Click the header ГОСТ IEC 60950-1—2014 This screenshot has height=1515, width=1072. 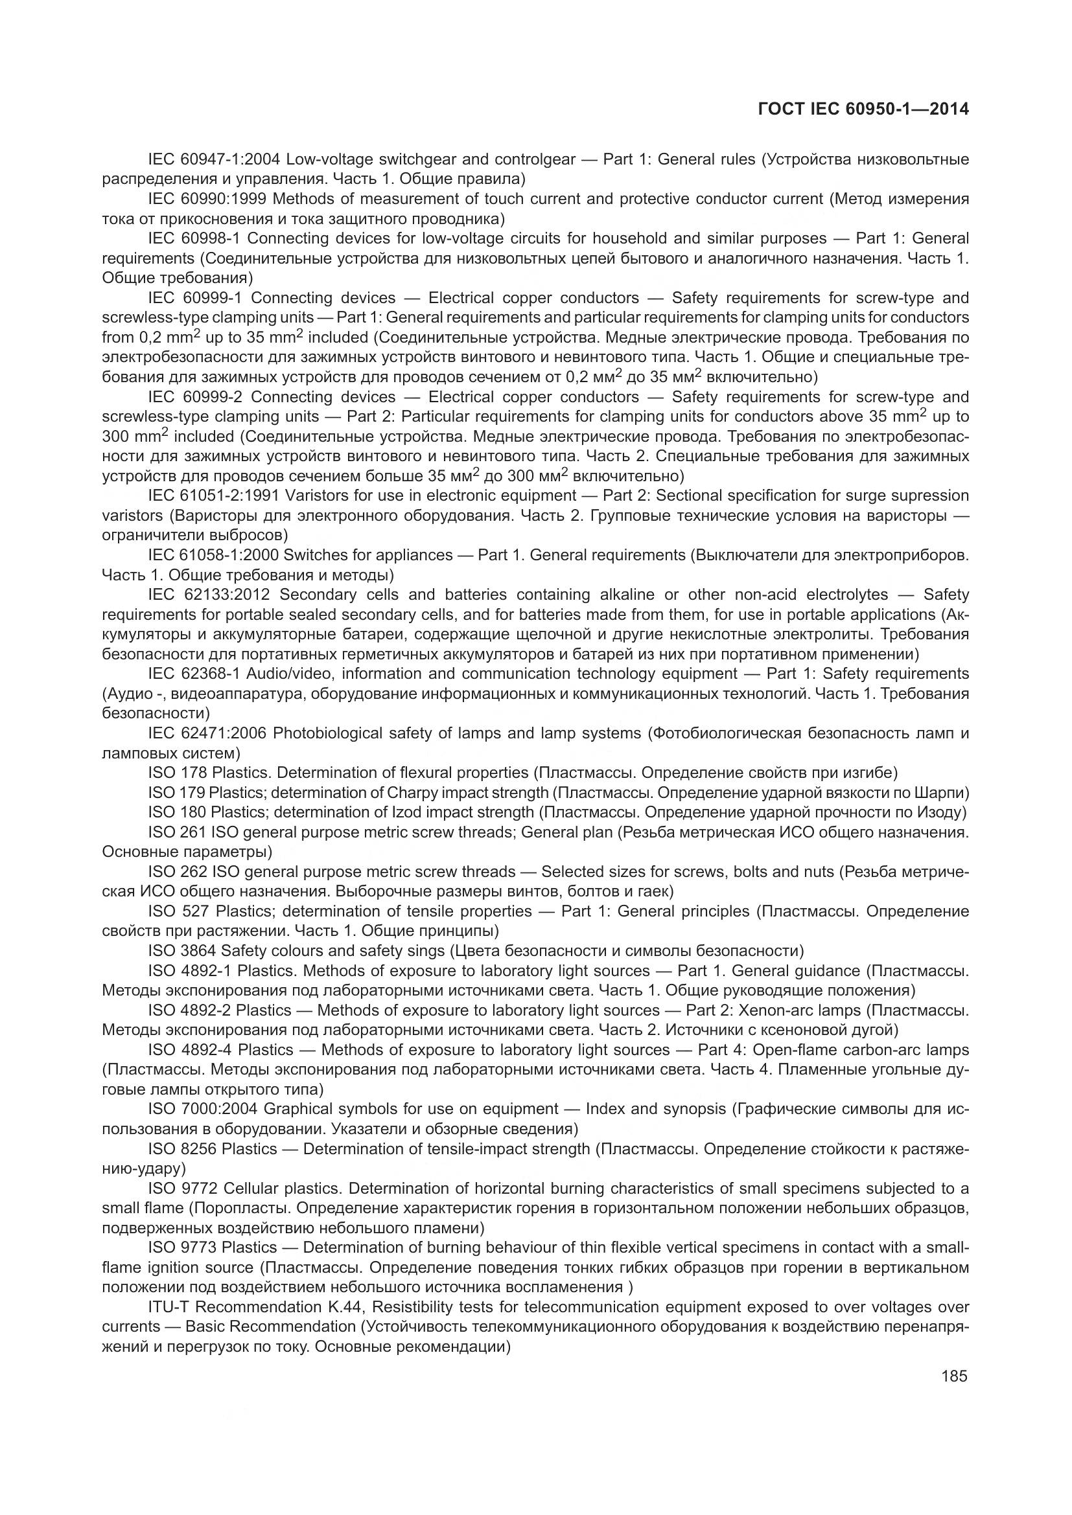863,109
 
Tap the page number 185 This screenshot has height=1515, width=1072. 954,1376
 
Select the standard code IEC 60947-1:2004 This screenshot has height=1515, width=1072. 214,160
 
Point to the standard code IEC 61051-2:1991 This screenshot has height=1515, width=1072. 214,496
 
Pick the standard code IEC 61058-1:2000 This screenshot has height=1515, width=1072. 214,555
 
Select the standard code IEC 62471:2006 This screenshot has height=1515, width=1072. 207,733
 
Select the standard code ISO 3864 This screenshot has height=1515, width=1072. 182,951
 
